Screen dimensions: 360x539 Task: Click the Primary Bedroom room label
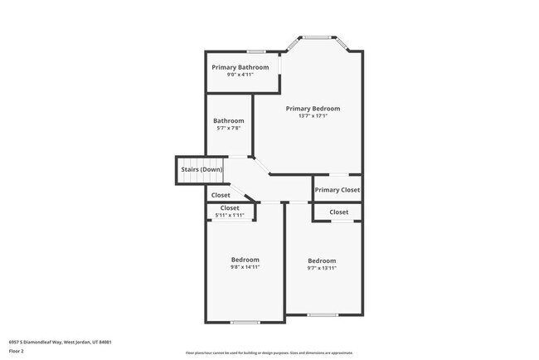click(313, 109)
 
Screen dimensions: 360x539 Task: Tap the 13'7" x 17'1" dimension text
click(313, 117)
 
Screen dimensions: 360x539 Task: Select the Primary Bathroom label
click(240, 67)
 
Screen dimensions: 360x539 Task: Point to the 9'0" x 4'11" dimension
click(240, 75)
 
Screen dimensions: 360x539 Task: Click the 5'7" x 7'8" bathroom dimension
click(228, 129)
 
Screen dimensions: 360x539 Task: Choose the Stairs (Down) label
click(202, 170)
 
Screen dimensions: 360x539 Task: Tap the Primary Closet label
click(337, 190)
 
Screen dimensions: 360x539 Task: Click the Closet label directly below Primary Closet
click(338, 212)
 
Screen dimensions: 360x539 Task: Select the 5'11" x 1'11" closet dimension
click(230, 216)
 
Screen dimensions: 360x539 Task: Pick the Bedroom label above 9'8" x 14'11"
click(245, 260)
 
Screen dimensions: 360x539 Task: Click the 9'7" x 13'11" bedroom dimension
click(322, 269)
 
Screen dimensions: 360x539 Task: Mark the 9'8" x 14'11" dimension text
click(245, 267)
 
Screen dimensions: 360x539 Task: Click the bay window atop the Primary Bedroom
click(316, 37)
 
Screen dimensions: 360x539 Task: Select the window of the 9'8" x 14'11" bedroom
click(245, 322)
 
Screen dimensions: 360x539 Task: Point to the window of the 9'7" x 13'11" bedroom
click(323, 314)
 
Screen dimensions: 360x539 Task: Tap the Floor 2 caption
click(17, 351)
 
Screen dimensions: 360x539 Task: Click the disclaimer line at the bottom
click(269, 353)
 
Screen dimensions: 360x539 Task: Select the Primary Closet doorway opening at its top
click(338, 175)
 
